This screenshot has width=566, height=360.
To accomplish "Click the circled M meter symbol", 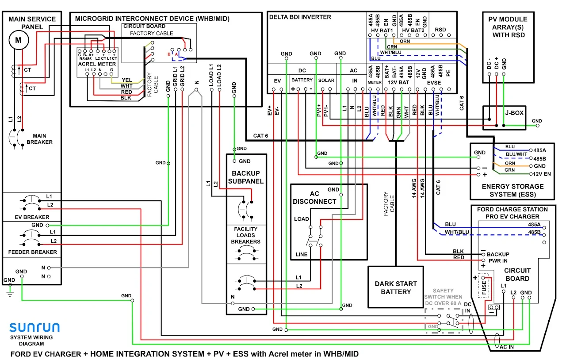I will pos(19,40).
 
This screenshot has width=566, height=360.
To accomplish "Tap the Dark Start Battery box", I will pos(396,287).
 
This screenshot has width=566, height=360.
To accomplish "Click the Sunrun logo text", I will pos(34,328).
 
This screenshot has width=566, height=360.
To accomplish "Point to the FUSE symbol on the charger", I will pos(484,287).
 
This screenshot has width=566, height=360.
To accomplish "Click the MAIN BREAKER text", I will pos(42,139).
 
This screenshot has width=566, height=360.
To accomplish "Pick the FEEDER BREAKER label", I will pos(33,252).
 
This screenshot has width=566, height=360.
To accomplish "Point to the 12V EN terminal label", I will pos(542,174).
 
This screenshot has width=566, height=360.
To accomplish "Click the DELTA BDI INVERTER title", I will pos(300,17).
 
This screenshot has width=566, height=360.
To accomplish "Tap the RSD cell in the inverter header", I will pos(440,30).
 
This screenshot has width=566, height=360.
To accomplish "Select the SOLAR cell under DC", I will pos(326,80).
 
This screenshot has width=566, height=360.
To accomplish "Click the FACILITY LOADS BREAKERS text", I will pos(247,235).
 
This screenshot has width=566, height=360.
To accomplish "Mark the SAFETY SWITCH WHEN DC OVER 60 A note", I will pos(443,297).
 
